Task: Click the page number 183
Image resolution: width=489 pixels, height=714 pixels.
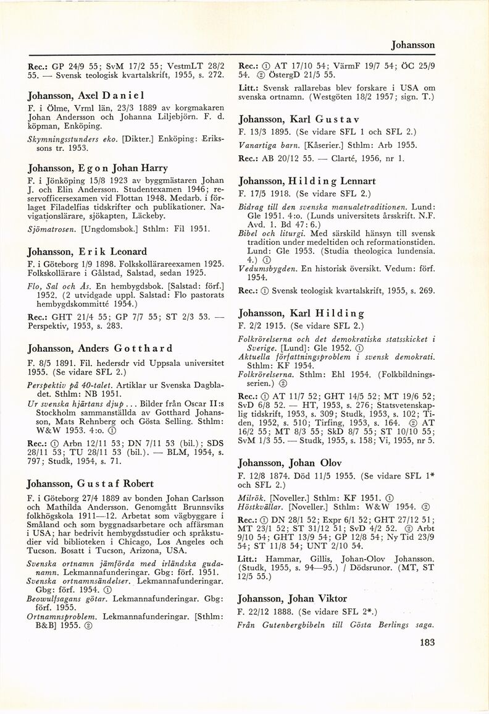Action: pyautogui.click(x=426, y=643)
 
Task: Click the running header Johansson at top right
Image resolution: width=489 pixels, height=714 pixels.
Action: pyautogui.click(x=413, y=45)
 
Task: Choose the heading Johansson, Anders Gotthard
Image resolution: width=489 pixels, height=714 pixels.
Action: pyautogui.click(x=99, y=348)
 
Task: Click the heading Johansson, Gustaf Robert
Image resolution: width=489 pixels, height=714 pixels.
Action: pyautogui.click(x=91, y=483)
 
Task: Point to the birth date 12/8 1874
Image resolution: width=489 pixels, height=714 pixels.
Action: pyautogui.click(x=273, y=477)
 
